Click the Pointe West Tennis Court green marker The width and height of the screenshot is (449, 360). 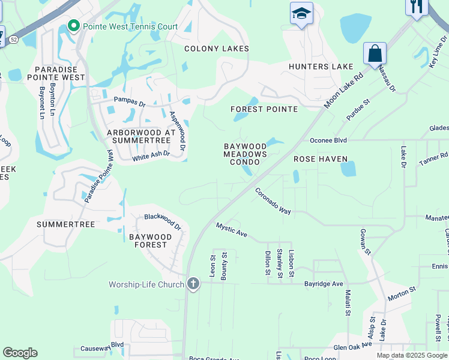pyautogui.click(x=74, y=26)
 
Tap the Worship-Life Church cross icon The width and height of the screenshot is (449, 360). pyautogui.click(x=193, y=283)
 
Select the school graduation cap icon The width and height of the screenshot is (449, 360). pyautogui.click(x=301, y=13)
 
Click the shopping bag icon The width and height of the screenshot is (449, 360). pyautogui.click(x=375, y=53)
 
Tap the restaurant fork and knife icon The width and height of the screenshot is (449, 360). pyautogui.click(x=416, y=6)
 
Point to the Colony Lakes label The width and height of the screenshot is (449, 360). pyautogui.click(x=212, y=49)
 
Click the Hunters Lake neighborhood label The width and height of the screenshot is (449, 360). pyautogui.click(x=317, y=67)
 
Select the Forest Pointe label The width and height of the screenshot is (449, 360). pyautogui.click(x=264, y=109)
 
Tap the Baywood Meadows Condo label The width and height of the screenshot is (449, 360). pyautogui.click(x=245, y=154)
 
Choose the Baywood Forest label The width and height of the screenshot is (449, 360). pyautogui.click(x=150, y=241)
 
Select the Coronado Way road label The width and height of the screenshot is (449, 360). pyautogui.click(x=273, y=202)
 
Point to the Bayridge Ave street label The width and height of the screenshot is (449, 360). pyautogui.click(x=323, y=283)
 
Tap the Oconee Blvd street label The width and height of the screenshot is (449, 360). pyautogui.click(x=328, y=140)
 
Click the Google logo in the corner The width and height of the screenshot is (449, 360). pyautogui.click(x=20, y=353)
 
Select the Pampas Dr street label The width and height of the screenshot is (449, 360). pyautogui.click(x=130, y=103)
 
